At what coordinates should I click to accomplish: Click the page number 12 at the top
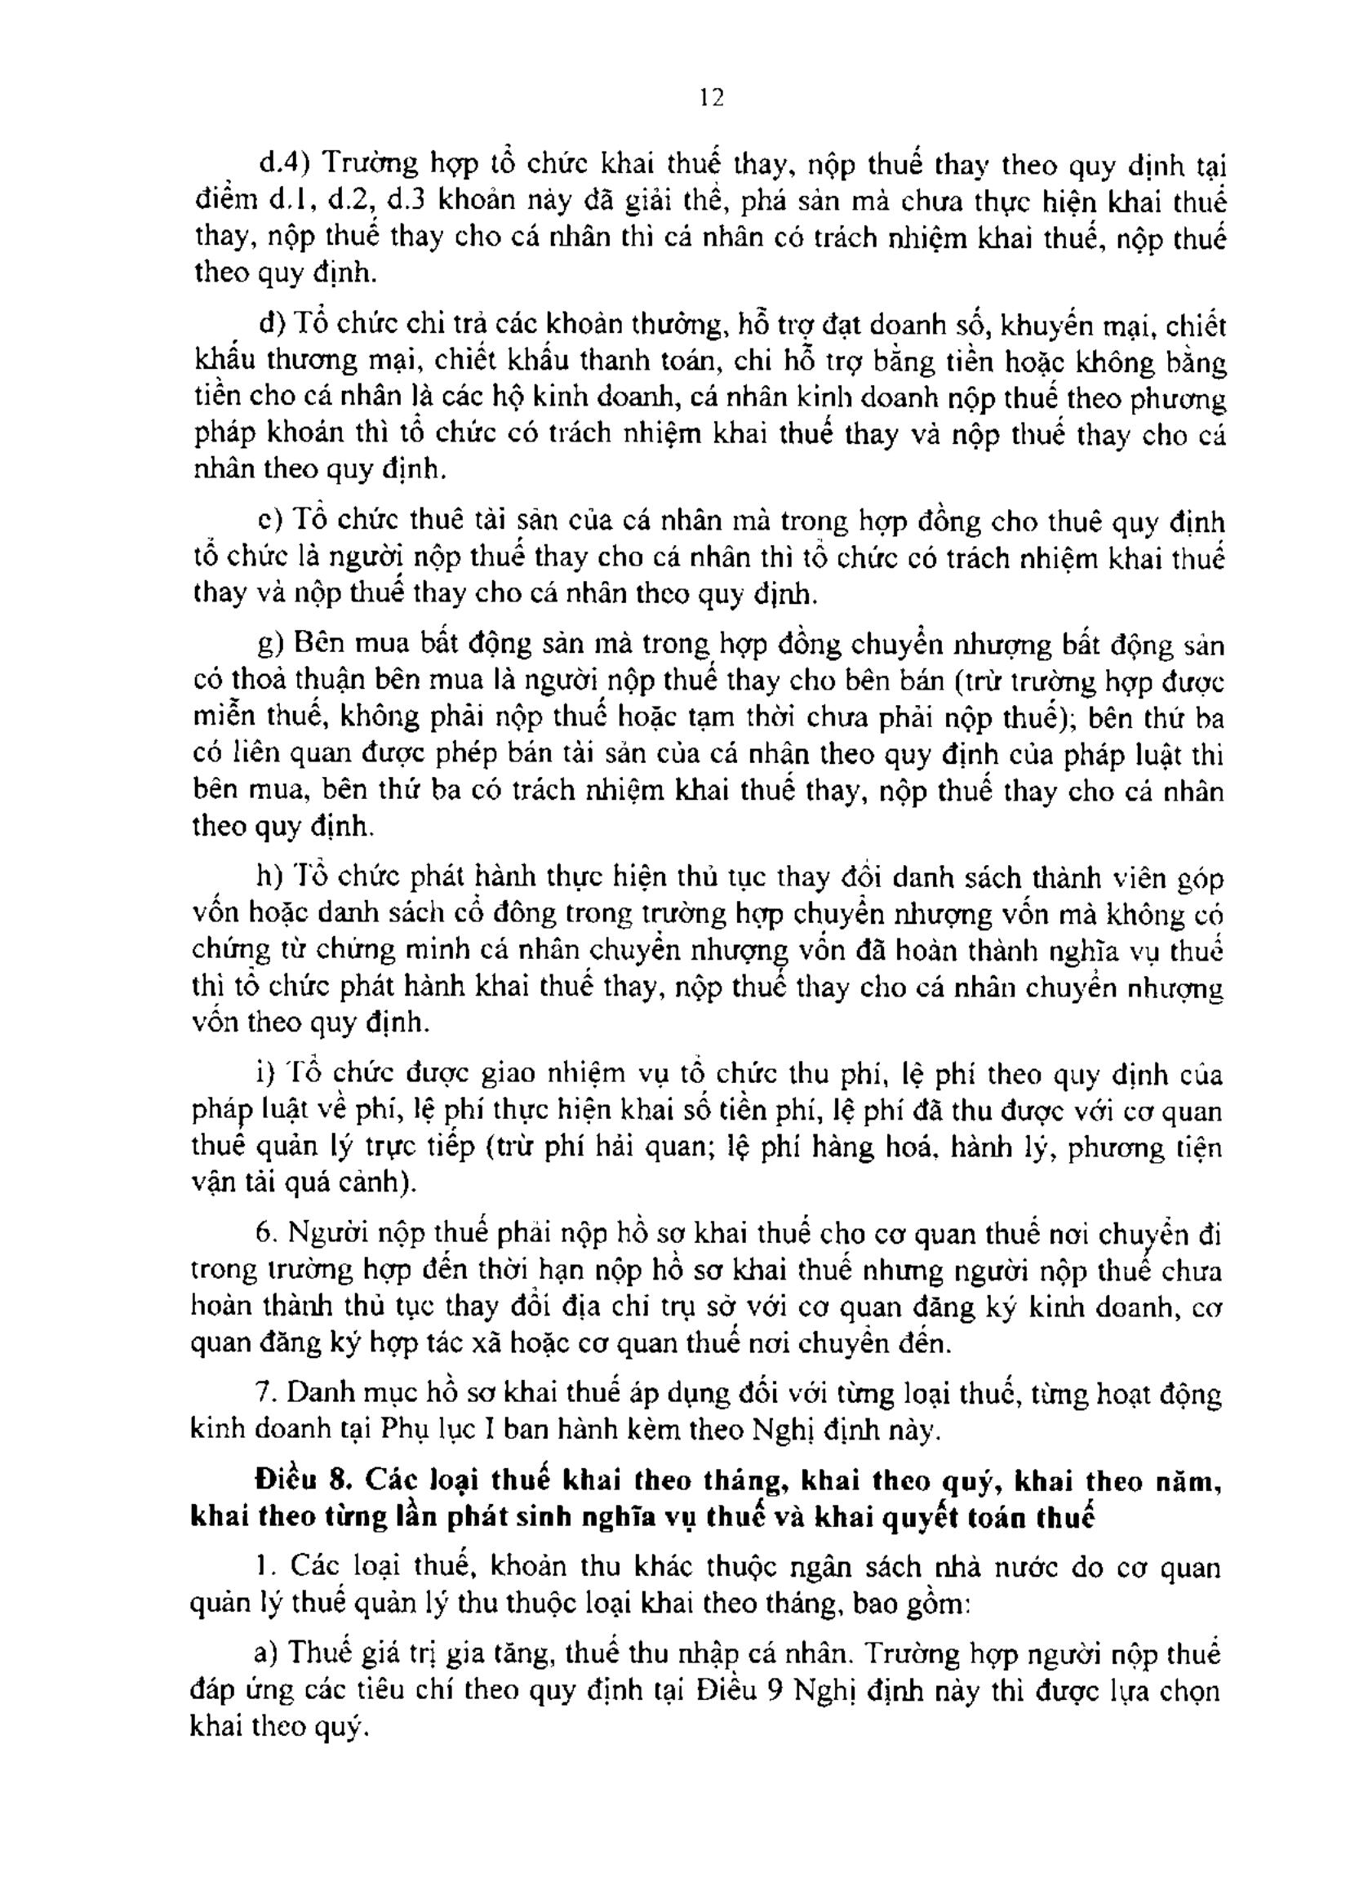712,98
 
